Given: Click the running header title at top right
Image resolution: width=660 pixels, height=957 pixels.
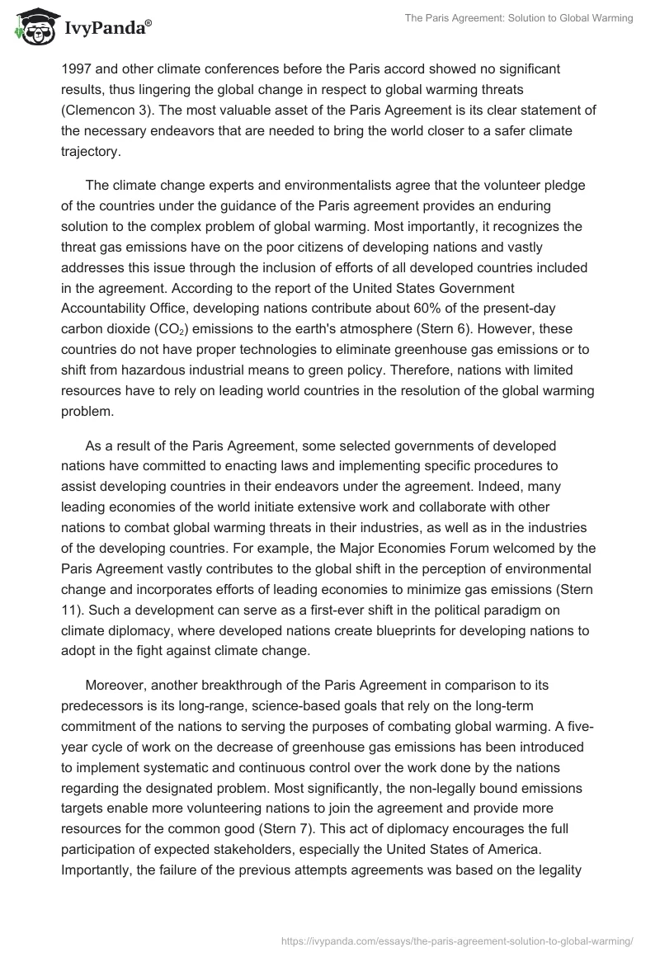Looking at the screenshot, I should click(x=519, y=18).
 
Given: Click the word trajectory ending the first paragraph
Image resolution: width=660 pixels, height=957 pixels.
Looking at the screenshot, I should click(x=92, y=152).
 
